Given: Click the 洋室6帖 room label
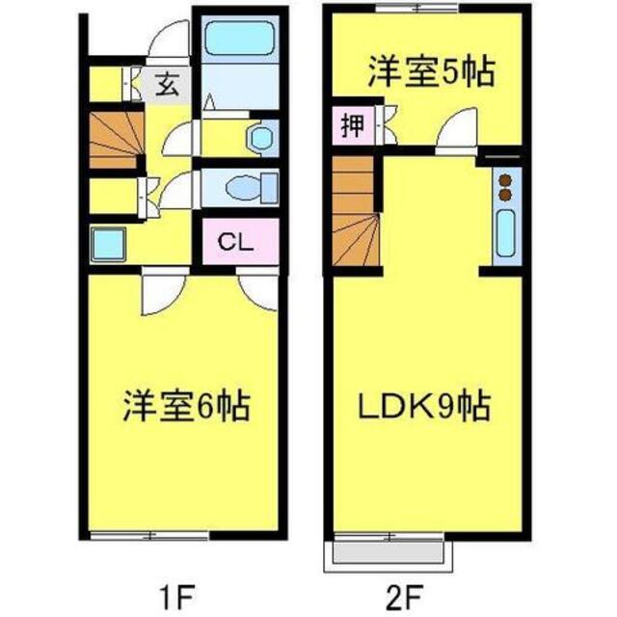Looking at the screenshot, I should pyautogui.click(x=186, y=406).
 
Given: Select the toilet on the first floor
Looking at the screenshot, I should pyautogui.click(x=247, y=185).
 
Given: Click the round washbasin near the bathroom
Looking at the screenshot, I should pyautogui.click(x=257, y=138).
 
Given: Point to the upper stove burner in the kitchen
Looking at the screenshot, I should pyautogui.click(x=504, y=177).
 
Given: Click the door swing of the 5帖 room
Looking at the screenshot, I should pyautogui.click(x=460, y=131).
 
